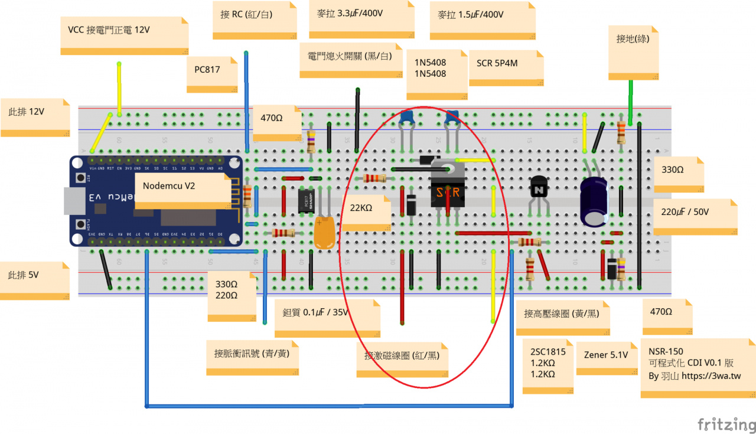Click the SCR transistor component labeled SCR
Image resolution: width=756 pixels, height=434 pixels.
(448, 190)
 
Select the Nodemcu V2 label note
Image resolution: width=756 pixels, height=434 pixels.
(181, 188)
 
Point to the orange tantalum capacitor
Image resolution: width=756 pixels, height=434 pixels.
(325, 233)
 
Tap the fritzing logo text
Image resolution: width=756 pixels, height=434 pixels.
(726, 424)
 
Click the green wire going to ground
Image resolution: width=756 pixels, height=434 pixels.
(631, 102)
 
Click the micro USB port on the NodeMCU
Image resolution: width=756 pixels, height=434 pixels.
(72, 201)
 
